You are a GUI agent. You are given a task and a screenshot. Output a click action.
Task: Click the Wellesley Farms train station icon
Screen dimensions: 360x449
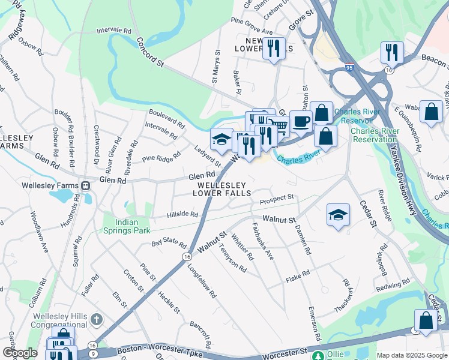click(86, 186)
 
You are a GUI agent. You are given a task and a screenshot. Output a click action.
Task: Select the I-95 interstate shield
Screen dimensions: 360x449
click(349, 68)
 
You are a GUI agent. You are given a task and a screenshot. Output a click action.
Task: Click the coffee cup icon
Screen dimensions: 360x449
click(301, 121)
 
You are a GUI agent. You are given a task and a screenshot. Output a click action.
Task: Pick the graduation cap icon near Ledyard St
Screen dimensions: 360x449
click(221, 139)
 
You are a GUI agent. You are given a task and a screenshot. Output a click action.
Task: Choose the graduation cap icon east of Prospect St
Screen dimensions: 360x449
click(338, 214)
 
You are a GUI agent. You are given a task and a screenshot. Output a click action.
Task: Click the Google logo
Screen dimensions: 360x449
click(20, 353)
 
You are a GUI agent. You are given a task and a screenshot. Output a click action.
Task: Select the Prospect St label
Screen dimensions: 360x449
click(277, 197)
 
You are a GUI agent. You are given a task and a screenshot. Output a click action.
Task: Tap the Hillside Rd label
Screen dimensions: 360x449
click(182, 214)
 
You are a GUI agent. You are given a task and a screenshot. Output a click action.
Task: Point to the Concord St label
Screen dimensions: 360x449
click(150, 52)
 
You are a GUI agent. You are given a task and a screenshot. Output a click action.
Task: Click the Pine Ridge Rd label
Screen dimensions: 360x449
click(161, 158)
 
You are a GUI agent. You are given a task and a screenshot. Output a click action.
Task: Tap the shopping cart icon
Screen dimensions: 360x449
click(279, 126)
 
